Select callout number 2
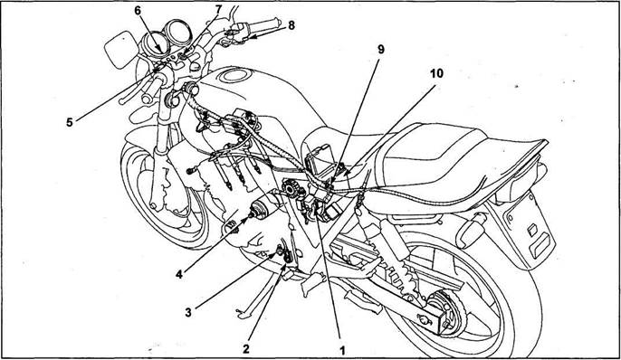tap(246, 348)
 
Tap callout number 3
tap(188, 313)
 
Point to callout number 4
tap(179, 274)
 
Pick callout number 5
tap(70, 123)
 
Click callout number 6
tap(138, 11)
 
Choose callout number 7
tap(218, 9)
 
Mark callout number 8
tap(291, 25)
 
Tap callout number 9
tap(381, 50)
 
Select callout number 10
tap(437, 73)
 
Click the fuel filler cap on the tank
tap(235, 75)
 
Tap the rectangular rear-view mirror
tap(121, 50)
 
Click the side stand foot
tap(243, 315)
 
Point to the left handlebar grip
tap(149, 90)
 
